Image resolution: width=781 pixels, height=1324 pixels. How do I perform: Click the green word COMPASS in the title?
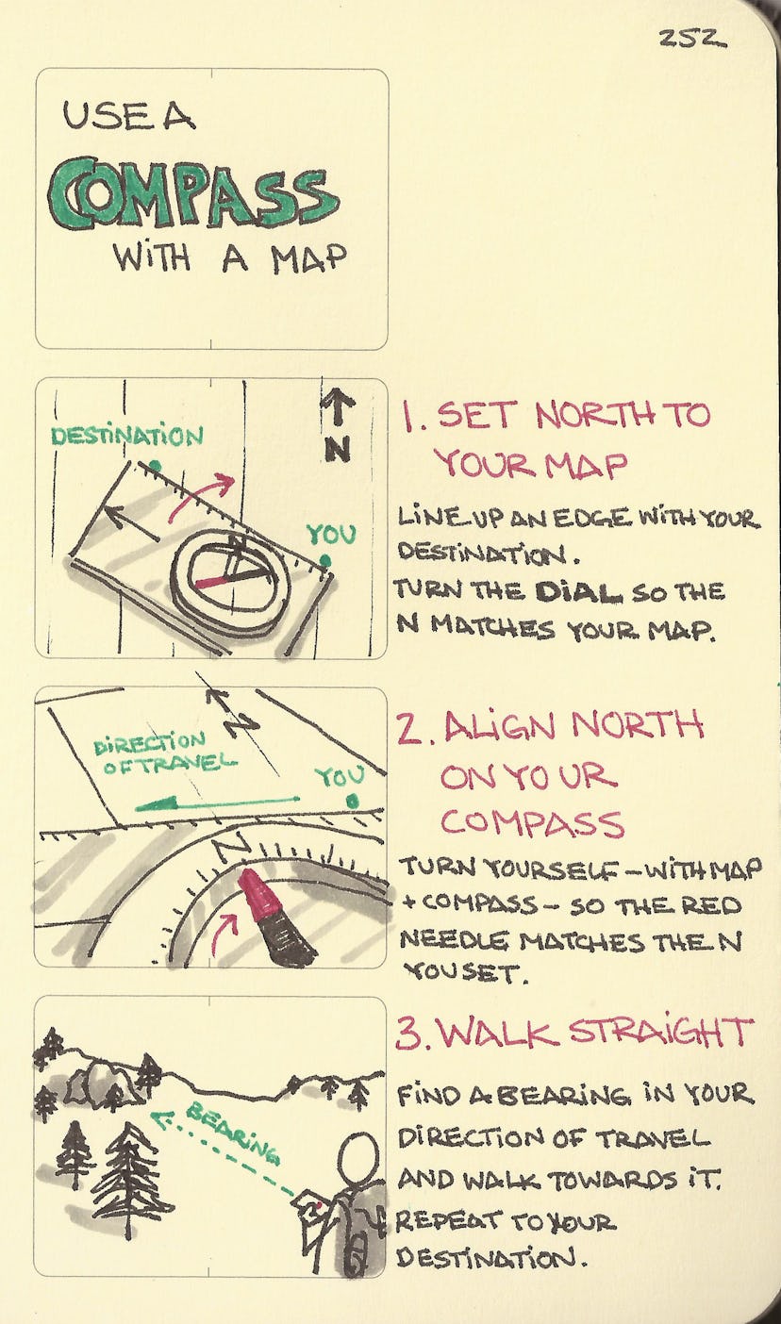pyautogui.click(x=192, y=194)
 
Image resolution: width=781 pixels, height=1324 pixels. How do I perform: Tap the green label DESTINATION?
pyautogui.click(x=126, y=437)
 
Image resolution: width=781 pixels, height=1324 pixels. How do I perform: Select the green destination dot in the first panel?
pyautogui.click(x=155, y=466)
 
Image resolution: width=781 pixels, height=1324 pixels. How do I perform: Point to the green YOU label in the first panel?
pyautogui.click(x=330, y=536)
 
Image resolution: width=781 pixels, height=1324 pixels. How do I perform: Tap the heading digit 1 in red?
pyautogui.click(x=411, y=416)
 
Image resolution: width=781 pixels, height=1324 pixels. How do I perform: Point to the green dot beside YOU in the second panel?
pyautogui.click(x=353, y=802)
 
